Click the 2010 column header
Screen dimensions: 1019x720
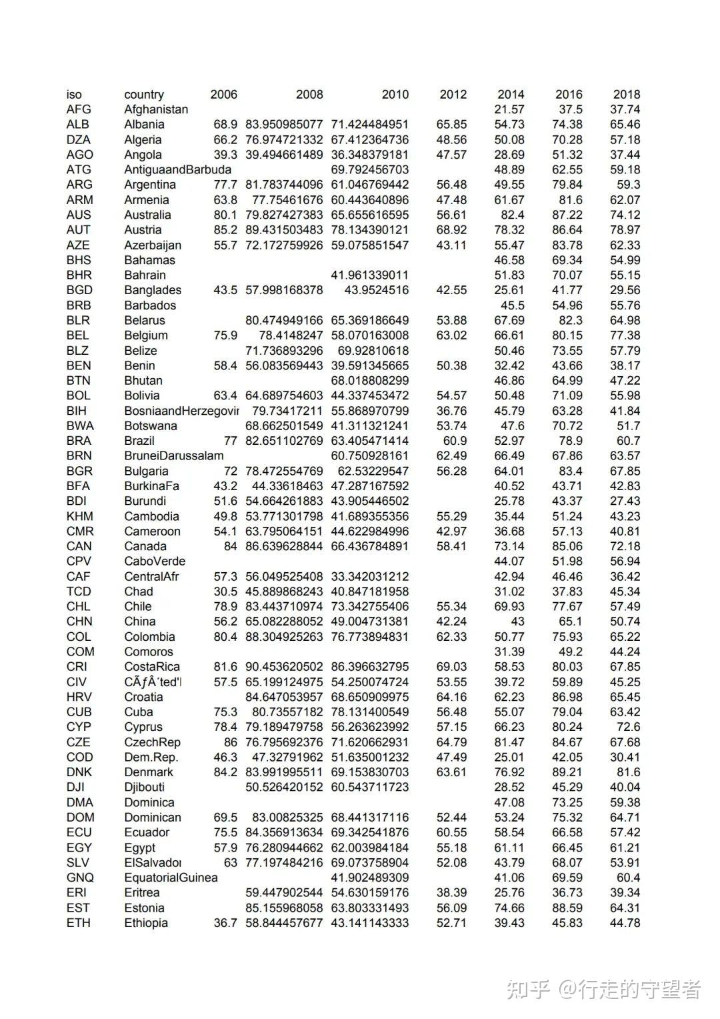(395, 94)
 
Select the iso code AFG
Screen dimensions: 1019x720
(79, 109)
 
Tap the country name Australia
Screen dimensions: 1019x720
(147, 215)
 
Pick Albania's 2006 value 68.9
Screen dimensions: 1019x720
(225, 124)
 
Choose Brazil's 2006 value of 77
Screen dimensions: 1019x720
(230, 441)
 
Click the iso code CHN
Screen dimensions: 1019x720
(79, 622)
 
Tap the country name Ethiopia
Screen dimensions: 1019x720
(146, 923)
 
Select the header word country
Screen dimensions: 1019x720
(143, 94)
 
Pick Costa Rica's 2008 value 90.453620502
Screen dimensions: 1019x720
(284, 667)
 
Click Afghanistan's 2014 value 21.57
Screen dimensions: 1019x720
(509, 109)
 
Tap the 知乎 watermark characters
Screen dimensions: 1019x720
(527, 989)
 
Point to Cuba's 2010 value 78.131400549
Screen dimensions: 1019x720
(370, 712)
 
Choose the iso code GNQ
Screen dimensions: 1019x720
(80, 878)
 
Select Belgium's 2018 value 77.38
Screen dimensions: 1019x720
(625, 335)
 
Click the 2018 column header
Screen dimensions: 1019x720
(626, 94)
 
